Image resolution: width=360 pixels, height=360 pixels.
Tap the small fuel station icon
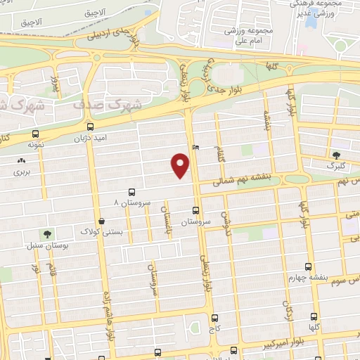coord(195,148)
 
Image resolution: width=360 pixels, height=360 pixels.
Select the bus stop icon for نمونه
coord(36,134)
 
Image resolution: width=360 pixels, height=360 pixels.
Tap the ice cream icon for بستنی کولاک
coord(102,221)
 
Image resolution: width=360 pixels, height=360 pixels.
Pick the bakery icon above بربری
coord(20,160)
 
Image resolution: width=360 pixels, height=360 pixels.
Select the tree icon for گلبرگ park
coord(335,155)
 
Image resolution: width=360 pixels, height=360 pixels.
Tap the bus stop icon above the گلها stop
coord(314,316)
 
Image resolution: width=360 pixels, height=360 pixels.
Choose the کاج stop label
coord(215,328)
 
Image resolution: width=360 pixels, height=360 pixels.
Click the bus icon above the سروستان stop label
coord(196,210)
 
